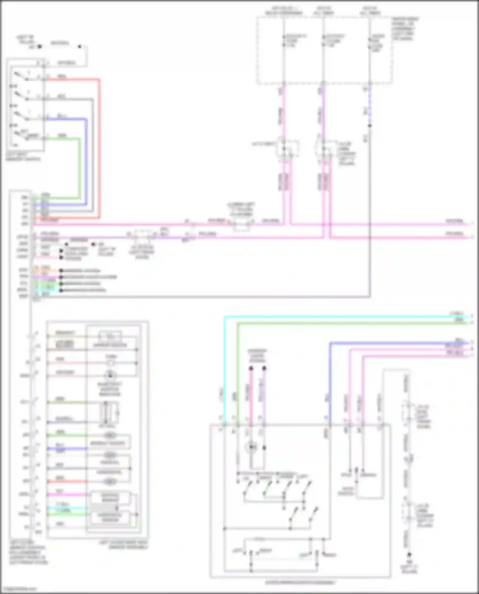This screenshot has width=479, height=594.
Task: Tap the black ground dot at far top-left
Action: pyautogui.click(x=40, y=47)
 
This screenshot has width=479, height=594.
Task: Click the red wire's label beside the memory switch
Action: pyautogui.click(x=62, y=77)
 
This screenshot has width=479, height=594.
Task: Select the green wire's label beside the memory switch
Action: pyautogui.click(x=62, y=136)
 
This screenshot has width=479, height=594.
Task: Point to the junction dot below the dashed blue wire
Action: pyautogui.click(x=370, y=125)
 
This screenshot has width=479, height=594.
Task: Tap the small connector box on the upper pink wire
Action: pyautogui.click(x=241, y=225)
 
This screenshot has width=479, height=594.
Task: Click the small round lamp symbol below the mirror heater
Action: pyautogui.click(x=110, y=363)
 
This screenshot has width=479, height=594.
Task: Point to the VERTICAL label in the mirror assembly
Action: pyautogui.click(x=110, y=462)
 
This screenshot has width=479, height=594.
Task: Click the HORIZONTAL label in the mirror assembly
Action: pyautogui.click(x=110, y=472)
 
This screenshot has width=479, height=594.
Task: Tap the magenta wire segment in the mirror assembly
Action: pyautogui.click(x=67, y=495)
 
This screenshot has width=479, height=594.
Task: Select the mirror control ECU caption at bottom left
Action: pyautogui.click(x=28, y=555)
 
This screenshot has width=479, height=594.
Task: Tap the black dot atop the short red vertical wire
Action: pyautogui.click(x=251, y=369)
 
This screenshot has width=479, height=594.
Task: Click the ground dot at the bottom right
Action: pyautogui.click(x=409, y=555)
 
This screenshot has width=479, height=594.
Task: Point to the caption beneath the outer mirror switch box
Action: pyautogui.click(x=300, y=583)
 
